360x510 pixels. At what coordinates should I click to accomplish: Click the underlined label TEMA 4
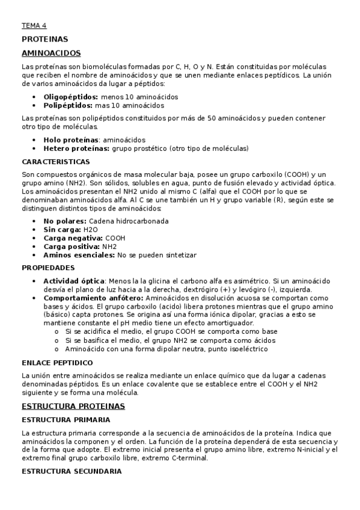(x=34, y=26)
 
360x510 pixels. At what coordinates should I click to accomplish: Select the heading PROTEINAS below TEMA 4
(x=44, y=39)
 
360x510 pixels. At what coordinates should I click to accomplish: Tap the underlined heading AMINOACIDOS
(x=51, y=53)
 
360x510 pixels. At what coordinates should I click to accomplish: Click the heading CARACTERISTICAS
(x=56, y=162)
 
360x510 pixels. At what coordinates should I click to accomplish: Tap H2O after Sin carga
(x=91, y=229)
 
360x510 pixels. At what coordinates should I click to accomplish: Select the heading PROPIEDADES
(x=48, y=268)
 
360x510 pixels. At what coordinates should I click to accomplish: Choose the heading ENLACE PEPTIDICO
(x=57, y=363)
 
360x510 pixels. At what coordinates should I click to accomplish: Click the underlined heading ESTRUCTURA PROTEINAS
(x=73, y=407)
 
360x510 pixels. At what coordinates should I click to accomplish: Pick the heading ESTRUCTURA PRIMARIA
(x=66, y=419)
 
